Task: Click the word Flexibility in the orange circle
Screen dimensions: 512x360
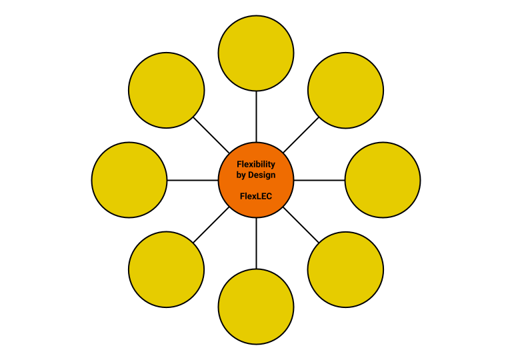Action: pyautogui.click(x=256, y=164)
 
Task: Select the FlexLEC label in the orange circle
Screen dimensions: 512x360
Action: pyautogui.click(x=256, y=197)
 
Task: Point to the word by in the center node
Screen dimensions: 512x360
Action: pyautogui.click(x=242, y=175)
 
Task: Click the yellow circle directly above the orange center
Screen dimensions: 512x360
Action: pyautogui.click(x=256, y=52)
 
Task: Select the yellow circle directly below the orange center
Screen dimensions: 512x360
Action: pyautogui.click(x=256, y=307)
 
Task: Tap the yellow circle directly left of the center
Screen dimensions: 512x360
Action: pyautogui.click(x=129, y=180)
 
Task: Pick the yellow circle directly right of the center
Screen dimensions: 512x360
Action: pyautogui.click(x=383, y=180)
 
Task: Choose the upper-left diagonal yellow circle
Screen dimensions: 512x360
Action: pyautogui.click(x=166, y=90)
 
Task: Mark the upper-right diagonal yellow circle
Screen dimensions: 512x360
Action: pyautogui.click(x=345, y=90)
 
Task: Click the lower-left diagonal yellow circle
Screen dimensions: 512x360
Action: pyautogui.click(x=166, y=269)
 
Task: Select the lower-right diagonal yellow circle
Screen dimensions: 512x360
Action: pyautogui.click(x=345, y=269)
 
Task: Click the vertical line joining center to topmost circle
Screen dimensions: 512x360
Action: pyautogui.click(x=256, y=116)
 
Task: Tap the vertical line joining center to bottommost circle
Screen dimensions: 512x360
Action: pyautogui.click(x=256, y=243)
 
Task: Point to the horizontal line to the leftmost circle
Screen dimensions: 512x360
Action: pyautogui.click(x=192, y=180)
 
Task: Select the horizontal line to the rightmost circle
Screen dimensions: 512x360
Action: pyautogui.click(x=319, y=180)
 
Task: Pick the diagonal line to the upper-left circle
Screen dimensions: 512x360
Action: pyautogui.click(x=211, y=135)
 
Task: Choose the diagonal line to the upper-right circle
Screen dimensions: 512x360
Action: pyautogui.click(x=301, y=135)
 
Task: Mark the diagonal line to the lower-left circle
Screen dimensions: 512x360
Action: pyautogui.click(x=211, y=225)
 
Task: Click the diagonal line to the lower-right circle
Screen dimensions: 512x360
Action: pyautogui.click(x=301, y=225)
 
